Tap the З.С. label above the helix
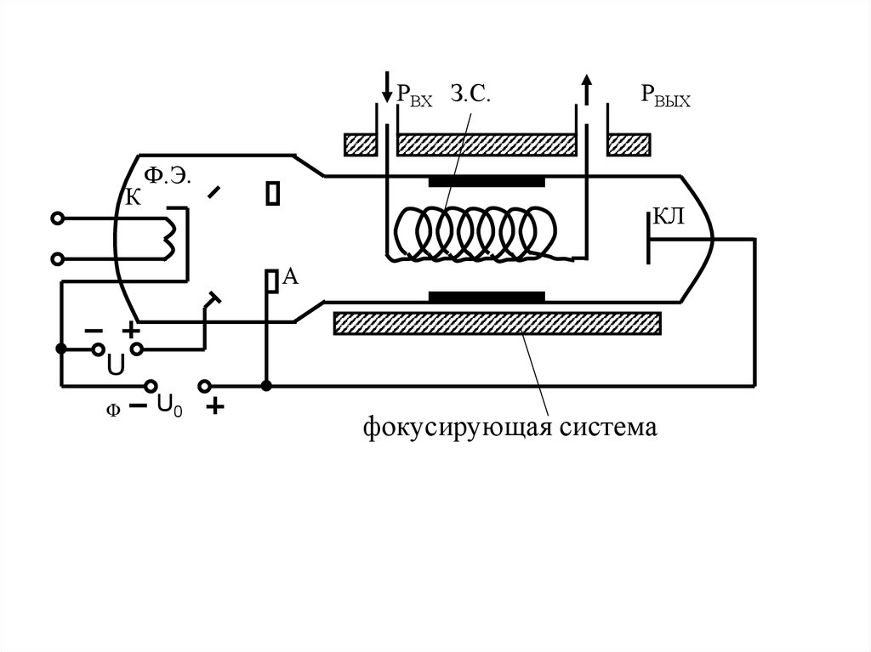[468, 94]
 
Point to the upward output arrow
[585, 88]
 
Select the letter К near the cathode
[133, 198]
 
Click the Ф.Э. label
[167, 176]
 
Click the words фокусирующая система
[510, 426]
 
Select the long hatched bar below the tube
[498, 323]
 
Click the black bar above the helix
[487, 181]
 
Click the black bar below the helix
[487, 297]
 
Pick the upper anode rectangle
[272, 194]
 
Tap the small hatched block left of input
[361, 145]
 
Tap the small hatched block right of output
[629, 145]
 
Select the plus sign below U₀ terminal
[215, 407]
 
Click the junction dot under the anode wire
[266, 386]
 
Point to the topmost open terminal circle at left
[57, 218]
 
